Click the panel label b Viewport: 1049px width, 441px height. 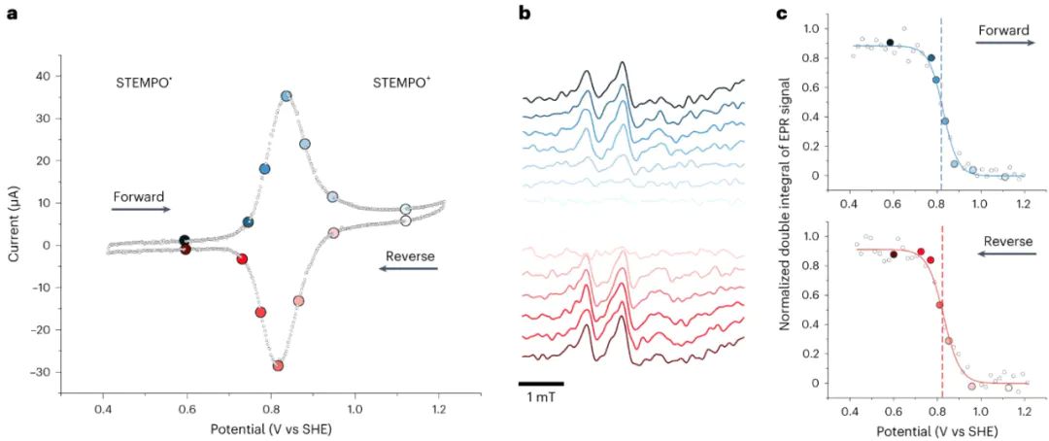(x=524, y=14)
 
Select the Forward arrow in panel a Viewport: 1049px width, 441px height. (x=141, y=209)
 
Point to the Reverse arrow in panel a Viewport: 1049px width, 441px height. (x=408, y=268)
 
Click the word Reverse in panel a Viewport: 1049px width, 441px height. (x=409, y=256)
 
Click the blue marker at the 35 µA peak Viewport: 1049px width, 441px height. (x=287, y=96)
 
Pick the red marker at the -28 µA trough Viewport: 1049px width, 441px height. (x=278, y=365)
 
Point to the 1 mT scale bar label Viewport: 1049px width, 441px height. (x=540, y=398)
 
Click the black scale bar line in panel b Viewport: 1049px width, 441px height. (x=540, y=384)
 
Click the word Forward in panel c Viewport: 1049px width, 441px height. (x=1003, y=31)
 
